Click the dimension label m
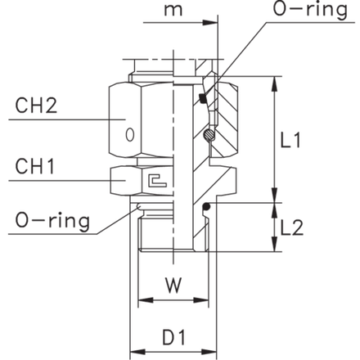click(x=173, y=11)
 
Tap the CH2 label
click(x=36, y=106)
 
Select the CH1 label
click(x=34, y=166)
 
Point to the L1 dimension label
click(x=290, y=140)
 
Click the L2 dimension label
click(x=292, y=228)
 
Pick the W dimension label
click(x=173, y=286)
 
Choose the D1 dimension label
click(x=173, y=337)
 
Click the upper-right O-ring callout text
click(x=310, y=10)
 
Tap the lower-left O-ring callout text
click(x=52, y=221)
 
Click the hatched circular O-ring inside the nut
click(x=209, y=134)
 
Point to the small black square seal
click(x=203, y=98)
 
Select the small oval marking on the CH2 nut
click(x=130, y=135)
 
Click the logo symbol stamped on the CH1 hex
click(x=157, y=180)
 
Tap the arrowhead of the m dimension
click(x=210, y=23)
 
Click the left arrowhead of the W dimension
click(x=146, y=300)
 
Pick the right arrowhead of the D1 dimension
click(x=209, y=352)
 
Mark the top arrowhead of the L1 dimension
click(x=275, y=84)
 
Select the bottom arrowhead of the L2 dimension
click(x=275, y=244)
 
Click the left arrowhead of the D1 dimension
click(x=137, y=352)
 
